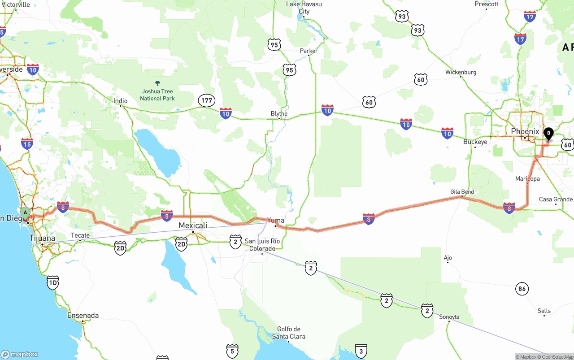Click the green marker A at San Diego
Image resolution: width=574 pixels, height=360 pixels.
coord(26,212)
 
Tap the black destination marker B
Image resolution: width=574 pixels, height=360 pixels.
coord(548,134)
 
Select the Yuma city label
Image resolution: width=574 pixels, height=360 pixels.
coord(275,220)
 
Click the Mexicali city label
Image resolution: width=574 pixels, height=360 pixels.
coord(193,225)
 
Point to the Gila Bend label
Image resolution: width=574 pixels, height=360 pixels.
coord(462,192)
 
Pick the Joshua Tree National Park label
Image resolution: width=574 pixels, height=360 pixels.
coord(157,95)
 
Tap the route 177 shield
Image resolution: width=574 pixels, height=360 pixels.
coord(207,100)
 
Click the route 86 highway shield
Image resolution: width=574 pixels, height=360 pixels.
coord(522,289)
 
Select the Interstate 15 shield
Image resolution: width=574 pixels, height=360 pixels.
coord(27,144)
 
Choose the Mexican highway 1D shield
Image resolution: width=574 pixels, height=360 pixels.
coord(53,282)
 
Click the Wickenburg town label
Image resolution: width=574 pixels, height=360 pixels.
coord(461,72)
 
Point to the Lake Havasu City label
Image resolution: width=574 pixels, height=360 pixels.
coord(304,8)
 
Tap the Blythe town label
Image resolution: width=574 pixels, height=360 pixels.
coord(279,113)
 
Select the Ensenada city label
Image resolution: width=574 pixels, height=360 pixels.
coord(83,315)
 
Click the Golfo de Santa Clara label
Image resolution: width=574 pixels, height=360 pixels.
coord(289,333)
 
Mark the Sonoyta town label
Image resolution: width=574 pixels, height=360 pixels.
coord(449,317)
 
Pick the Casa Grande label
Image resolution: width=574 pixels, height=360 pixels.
coord(556,199)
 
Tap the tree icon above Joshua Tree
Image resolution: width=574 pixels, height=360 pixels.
coord(157,83)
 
